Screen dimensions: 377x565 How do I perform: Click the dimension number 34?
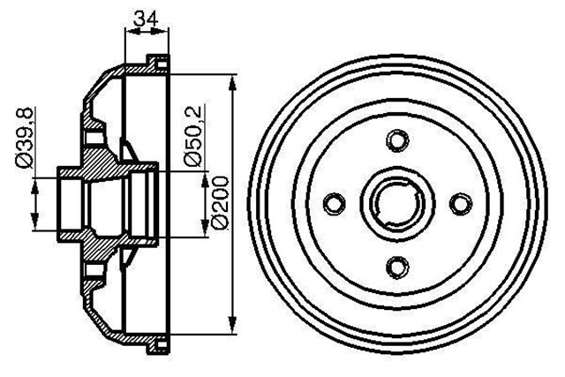[x=147, y=15]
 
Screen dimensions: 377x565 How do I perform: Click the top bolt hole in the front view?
[x=396, y=140]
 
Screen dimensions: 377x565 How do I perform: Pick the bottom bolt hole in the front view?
[x=396, y=265]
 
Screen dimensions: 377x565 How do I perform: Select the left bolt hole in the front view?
[x=334, y=203]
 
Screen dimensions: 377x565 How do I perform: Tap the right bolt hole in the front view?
[x=459, y=203]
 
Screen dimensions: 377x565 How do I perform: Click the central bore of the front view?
[x=396, y=203]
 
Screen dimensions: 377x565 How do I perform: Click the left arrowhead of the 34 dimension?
[x=130, y=32]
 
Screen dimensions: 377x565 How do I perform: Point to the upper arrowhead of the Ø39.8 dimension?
[x=36, y=183]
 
